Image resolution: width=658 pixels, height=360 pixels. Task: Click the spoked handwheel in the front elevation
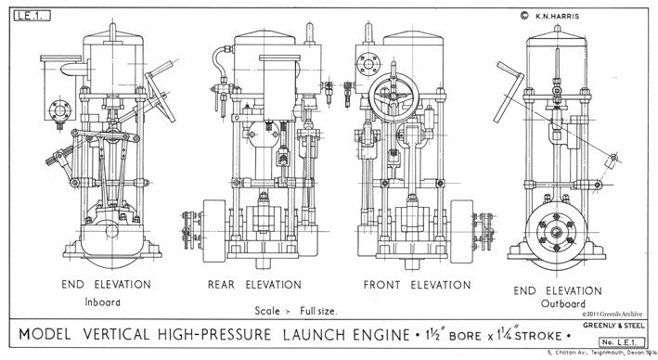(x=390, y=98)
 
